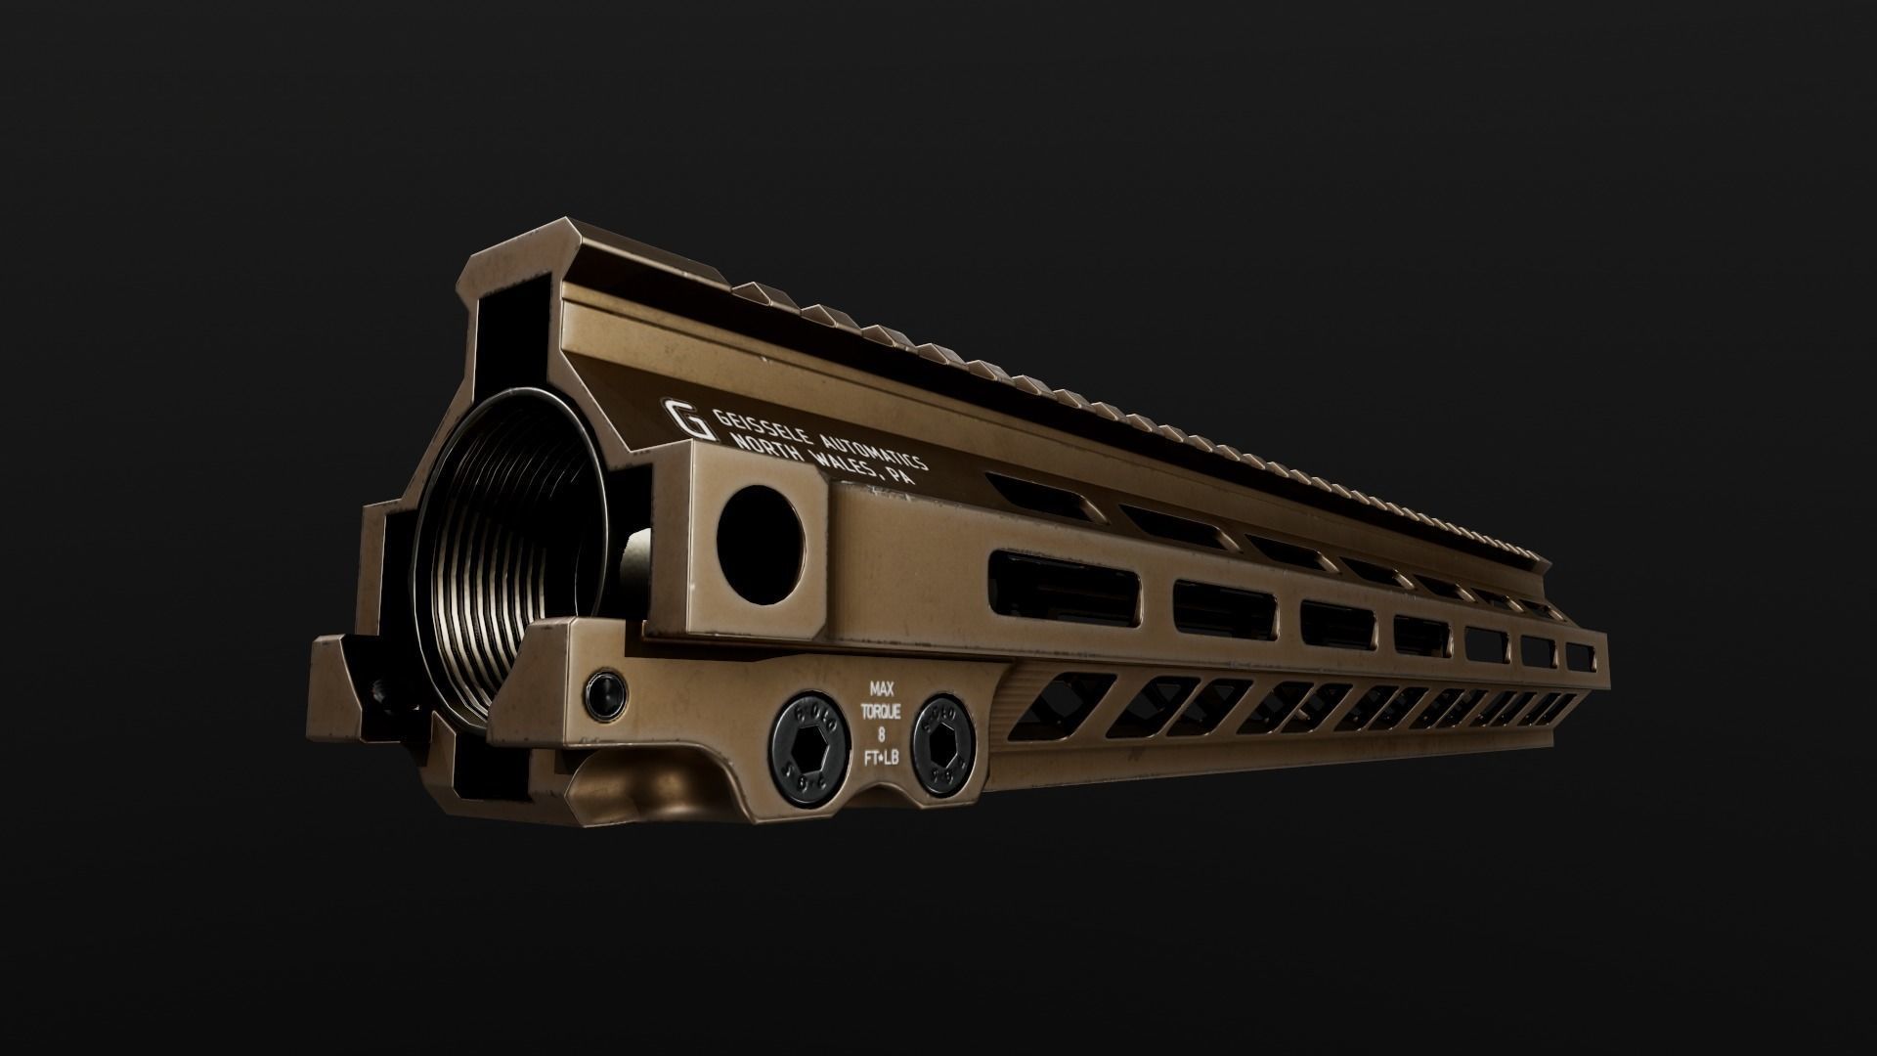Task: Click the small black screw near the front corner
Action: click(x=602, y=693)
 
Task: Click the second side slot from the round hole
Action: click(x=1225, y=609)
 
